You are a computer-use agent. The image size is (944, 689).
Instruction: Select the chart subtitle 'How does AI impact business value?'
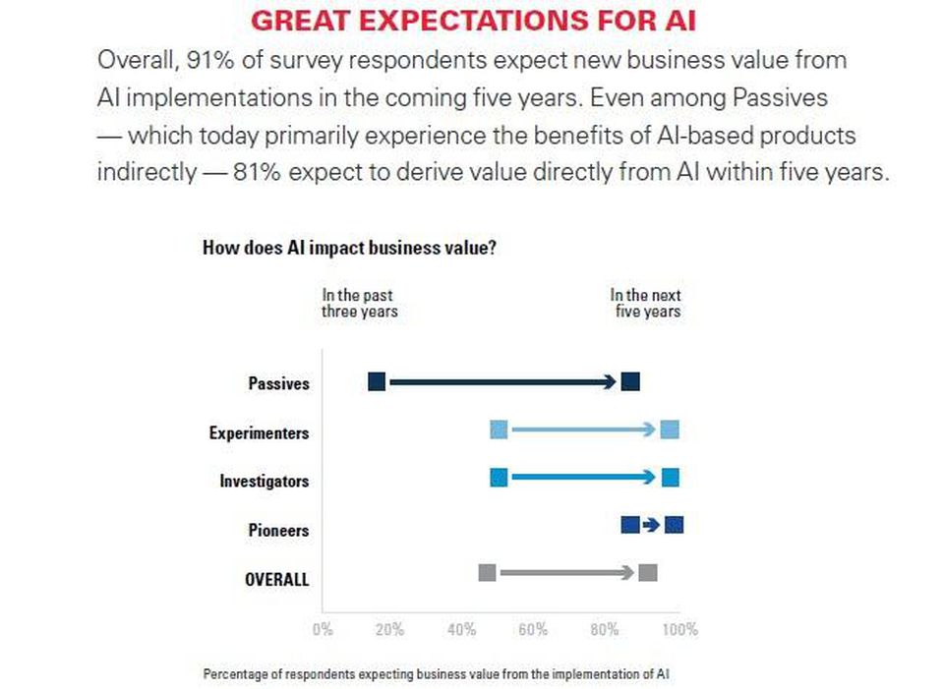349,248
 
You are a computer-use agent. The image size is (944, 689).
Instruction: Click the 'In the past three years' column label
359,303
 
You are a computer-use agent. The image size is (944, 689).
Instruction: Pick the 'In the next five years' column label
645,303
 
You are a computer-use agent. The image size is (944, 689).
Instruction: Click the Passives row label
278,383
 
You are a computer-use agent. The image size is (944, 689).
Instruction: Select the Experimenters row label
259,432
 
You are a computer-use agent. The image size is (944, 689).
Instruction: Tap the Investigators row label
264,482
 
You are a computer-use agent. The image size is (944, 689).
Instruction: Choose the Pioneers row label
278,531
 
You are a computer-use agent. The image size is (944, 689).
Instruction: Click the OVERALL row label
276,579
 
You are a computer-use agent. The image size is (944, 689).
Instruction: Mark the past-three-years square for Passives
377,382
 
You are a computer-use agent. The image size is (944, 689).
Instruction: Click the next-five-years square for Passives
630,382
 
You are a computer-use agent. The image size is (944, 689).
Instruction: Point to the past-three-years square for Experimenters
499,430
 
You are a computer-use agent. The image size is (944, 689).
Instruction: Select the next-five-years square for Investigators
671,478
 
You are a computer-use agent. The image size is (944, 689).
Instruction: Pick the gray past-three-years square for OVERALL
487,573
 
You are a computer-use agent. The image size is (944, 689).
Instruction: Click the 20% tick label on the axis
389,630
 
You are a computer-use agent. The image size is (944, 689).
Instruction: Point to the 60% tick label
533,630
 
